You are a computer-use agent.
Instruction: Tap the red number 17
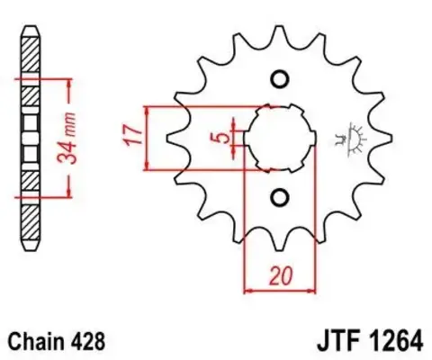130,138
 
